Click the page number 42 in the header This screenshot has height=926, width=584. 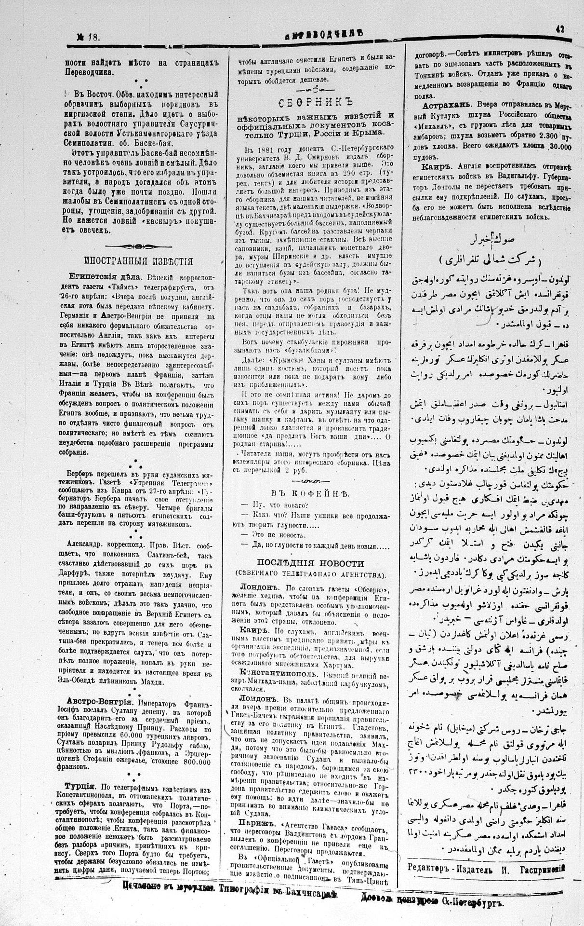pos(560,28)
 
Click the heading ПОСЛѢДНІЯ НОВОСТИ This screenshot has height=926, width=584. pos(317,564)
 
